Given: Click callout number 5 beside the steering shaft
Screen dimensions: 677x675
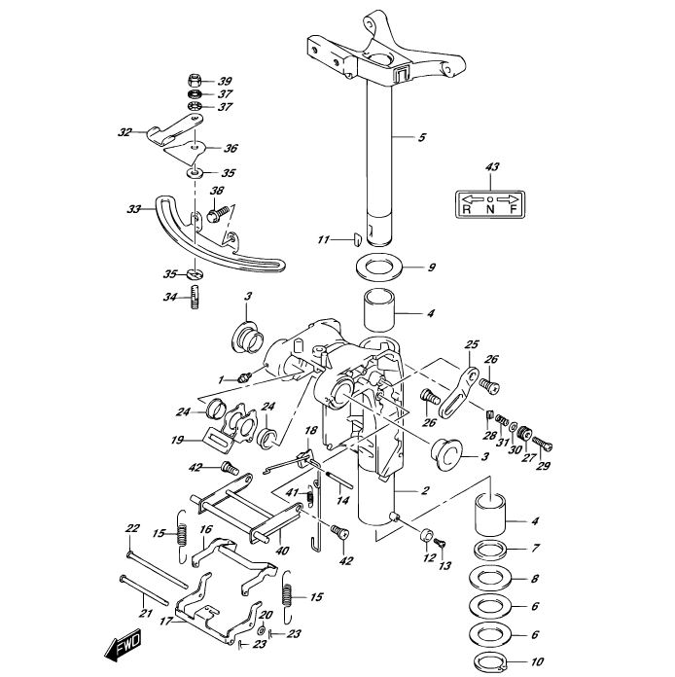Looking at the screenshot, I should (x=422, y=138).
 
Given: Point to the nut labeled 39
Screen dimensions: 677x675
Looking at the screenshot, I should (x=195, y=79).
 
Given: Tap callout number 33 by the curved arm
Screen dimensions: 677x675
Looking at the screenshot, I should (x=133, y=208).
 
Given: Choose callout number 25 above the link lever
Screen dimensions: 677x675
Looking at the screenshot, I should (x=472, y=344).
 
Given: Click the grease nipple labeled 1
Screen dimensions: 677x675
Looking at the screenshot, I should (x=247, y=374).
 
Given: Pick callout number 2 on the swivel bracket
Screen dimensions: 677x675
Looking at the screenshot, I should (x=425, y=492).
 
